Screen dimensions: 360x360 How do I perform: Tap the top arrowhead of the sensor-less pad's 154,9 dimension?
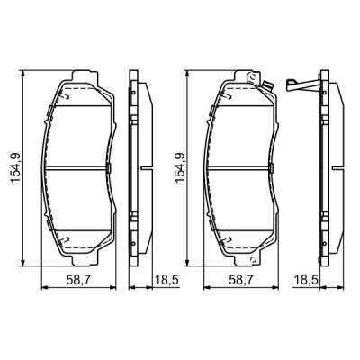click(27, 71)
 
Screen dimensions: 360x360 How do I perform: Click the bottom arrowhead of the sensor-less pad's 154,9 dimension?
click(27, 264)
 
